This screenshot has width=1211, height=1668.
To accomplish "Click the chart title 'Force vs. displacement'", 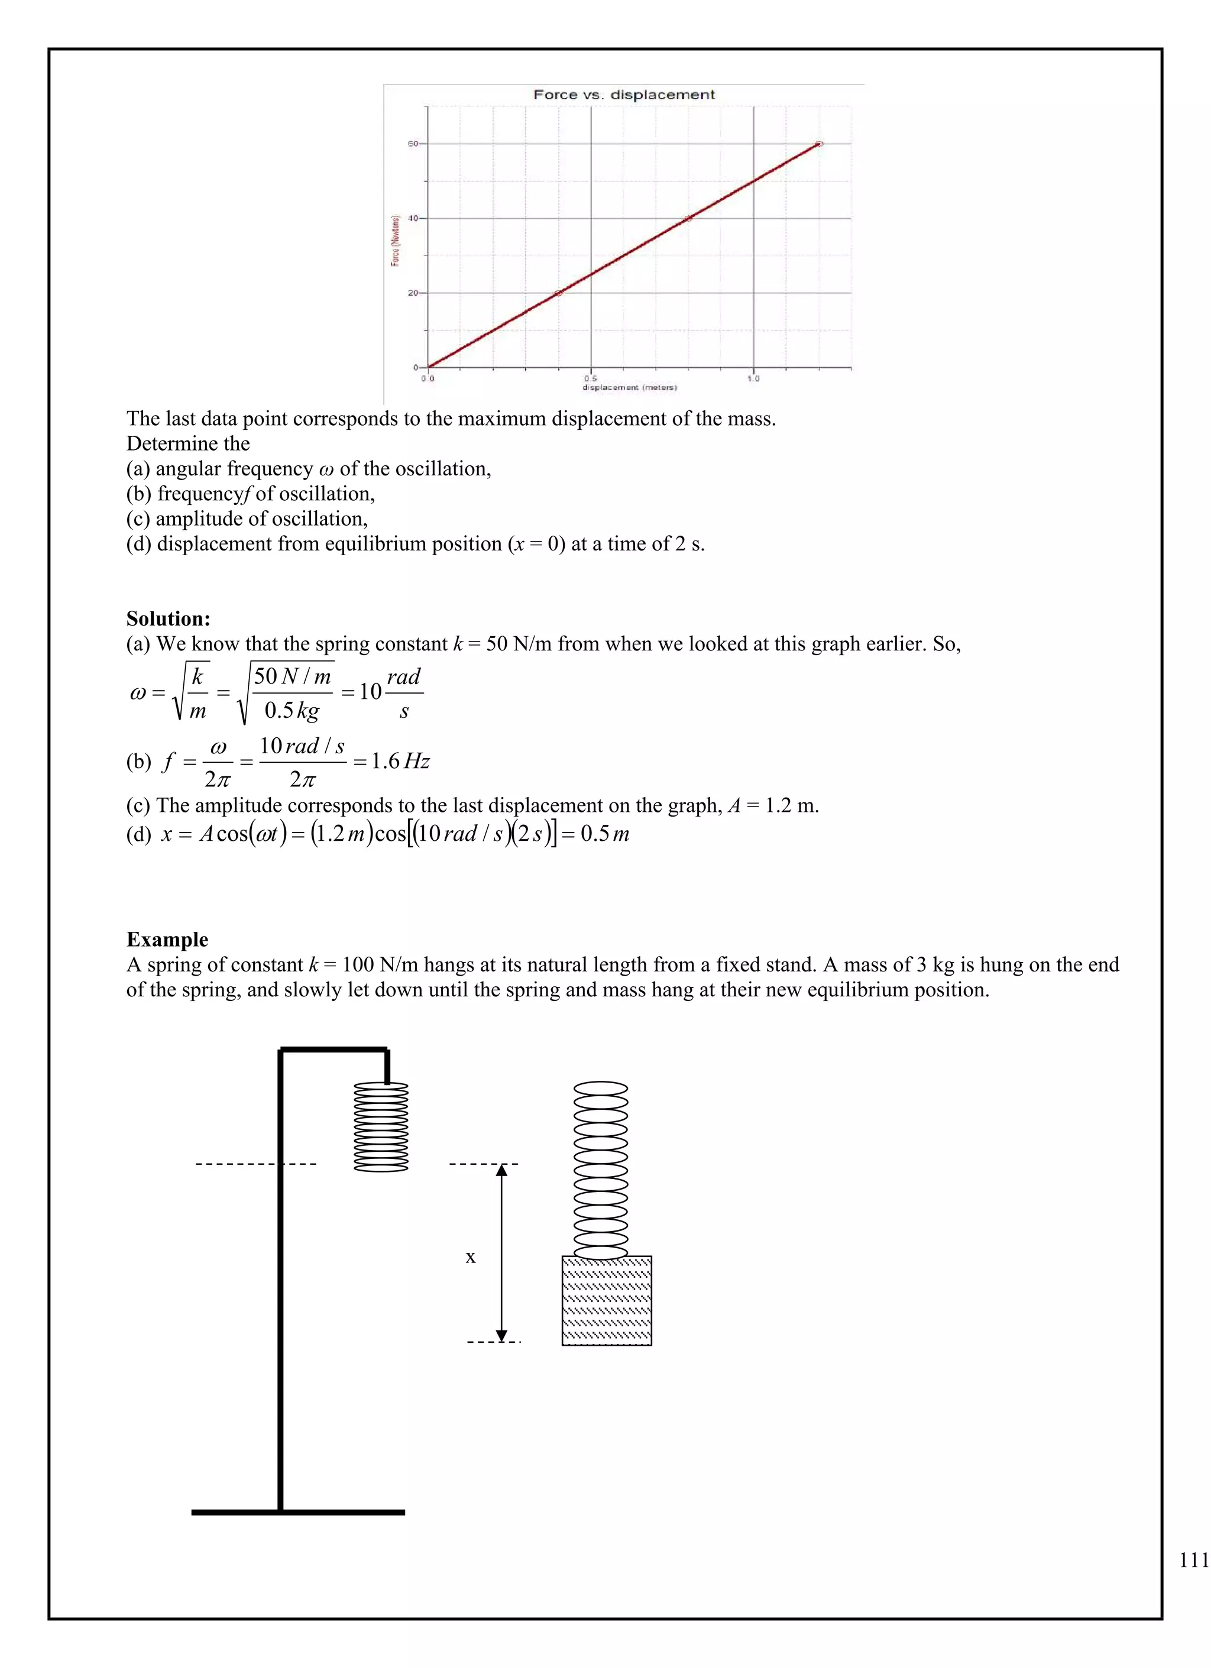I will [x=623, y=95].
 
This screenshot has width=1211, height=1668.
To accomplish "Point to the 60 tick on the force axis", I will [x=413, y=144].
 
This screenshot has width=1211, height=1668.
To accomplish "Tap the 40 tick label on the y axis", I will [x=413, y=218].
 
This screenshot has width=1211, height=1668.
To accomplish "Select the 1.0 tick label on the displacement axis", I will [x=753, y=379].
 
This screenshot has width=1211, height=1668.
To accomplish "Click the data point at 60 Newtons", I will [x=819, y=144].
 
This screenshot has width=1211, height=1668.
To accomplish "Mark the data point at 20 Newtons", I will [x=558, y=293].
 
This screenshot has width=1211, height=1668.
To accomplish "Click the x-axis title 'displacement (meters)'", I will [x=629, y=387].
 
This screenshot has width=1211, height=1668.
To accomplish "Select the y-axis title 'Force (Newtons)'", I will [x=396, y=241].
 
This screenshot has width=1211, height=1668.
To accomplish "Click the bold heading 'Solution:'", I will [x=169, y=618].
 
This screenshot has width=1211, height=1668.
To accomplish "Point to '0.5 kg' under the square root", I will [x=292, y=711].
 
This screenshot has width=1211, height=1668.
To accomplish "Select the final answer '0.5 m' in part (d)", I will [x=604, y=834].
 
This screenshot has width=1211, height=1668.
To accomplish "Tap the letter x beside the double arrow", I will [x=471, y=1257].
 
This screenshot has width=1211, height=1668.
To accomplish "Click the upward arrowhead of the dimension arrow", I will [x=501, y=1170].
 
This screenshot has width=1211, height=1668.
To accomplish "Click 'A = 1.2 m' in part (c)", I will [x=773, y=805].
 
